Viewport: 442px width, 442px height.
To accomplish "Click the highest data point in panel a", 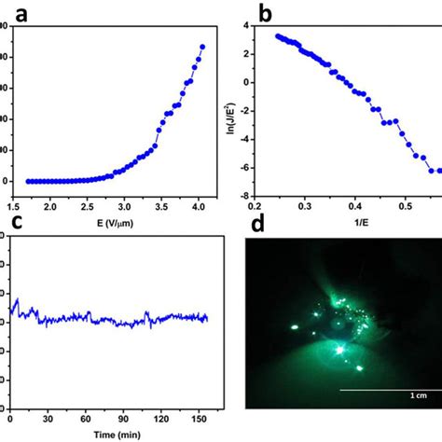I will tap(202, 46).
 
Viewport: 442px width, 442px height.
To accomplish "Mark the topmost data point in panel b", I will tap(278, 36).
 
